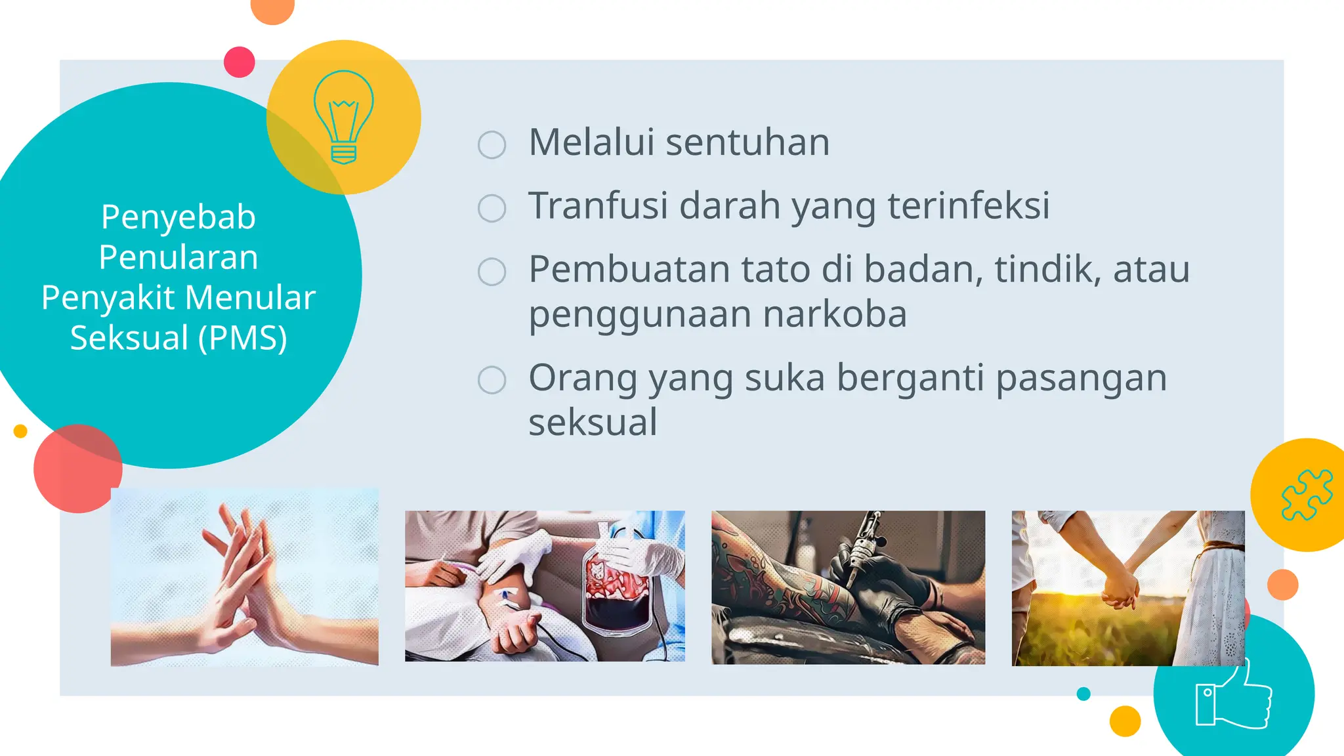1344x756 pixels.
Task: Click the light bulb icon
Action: coord(343,117)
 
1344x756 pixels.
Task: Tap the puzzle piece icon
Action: coord(1307,495)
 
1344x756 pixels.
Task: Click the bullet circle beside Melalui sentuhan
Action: coord(492,145)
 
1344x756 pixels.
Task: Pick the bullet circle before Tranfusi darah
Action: coord(492,208)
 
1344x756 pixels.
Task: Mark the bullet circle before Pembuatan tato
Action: coord(492,272)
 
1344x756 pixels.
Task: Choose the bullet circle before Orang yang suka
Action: coord(492,380)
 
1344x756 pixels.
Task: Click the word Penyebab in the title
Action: coord(178,217)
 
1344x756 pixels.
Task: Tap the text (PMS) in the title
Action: coord(242,338)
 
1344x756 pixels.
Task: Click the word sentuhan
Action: coord(747,142)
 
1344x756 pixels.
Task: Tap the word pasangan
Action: coord(1081,379)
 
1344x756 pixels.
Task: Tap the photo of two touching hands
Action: coord(244,577)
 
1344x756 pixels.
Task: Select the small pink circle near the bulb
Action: coord(239,62)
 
